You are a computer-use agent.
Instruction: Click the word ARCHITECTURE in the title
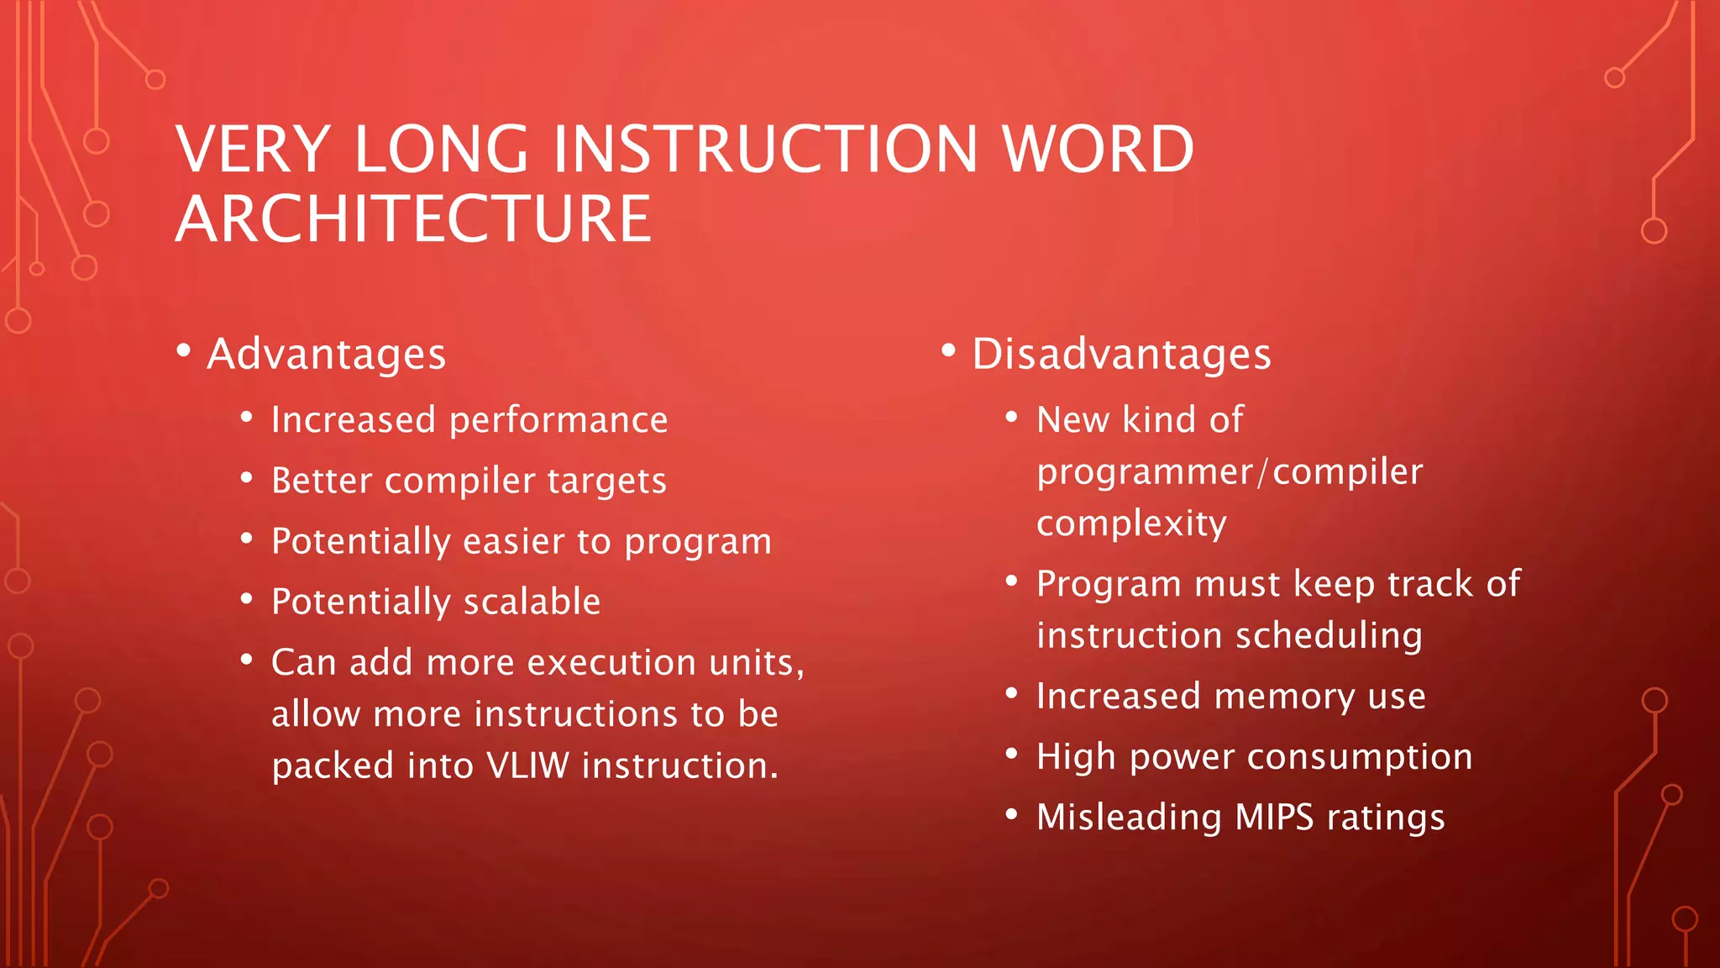413,219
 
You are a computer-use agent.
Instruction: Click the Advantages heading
327,354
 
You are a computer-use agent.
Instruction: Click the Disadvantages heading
1121,354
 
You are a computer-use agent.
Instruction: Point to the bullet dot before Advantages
184,350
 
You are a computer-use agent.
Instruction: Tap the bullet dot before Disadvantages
949,350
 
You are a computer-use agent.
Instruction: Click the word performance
558,420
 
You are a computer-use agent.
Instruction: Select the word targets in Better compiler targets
606,481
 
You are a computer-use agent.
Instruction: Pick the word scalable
532,602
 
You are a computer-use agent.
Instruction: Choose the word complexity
1131,524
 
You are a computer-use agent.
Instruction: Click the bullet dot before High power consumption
1012,753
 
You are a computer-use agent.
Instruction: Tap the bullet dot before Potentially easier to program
246,538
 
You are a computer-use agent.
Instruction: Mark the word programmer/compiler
1230,472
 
